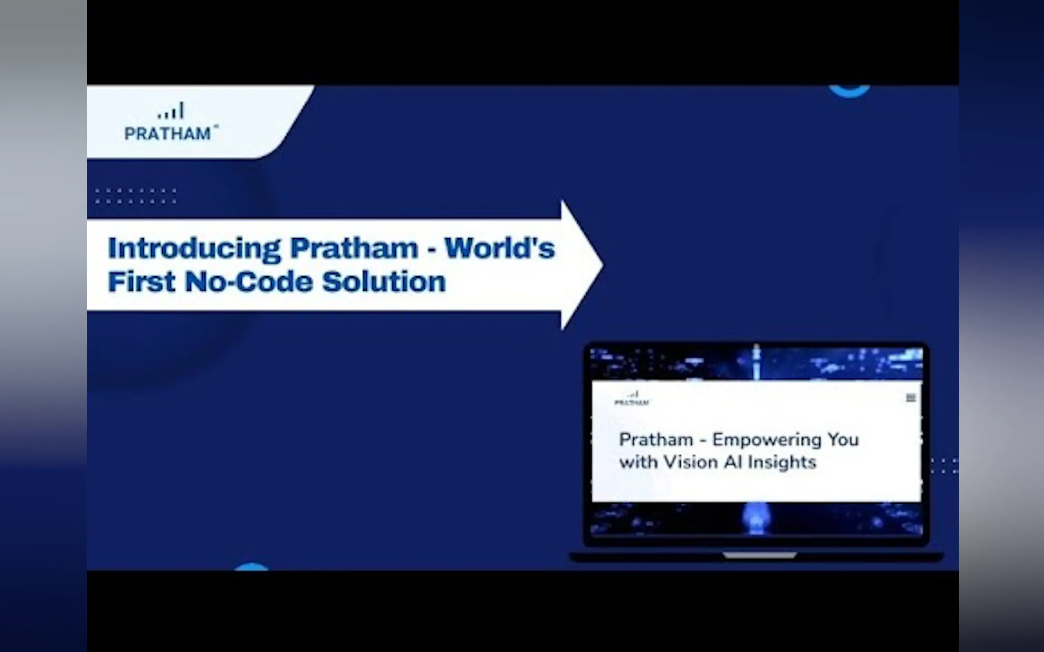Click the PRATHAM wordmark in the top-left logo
point(168,134)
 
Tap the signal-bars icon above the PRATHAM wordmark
point(171,110)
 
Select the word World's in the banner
point(500,248)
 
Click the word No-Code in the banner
point(249,282)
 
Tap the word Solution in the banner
point(383,282)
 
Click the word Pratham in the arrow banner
point(354,248)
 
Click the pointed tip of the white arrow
point(603,265)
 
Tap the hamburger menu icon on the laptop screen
point(911,397)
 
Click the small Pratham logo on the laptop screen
point(631,398)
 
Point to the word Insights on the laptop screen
point(782,463)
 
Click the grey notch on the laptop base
point(760,556)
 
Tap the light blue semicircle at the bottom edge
point(251,567)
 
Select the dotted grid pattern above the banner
point(136,196)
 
